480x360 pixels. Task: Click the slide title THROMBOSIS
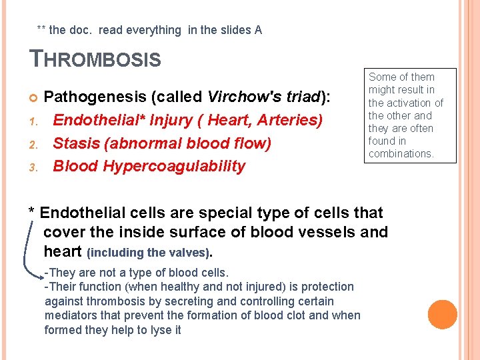[x=96, y=59]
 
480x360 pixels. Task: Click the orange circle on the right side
[x=443, y=315]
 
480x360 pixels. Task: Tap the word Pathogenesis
[x=96, y=97]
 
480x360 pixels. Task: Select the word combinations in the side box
[x=401, y=154]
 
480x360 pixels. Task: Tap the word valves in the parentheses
[x=189, y=253]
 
